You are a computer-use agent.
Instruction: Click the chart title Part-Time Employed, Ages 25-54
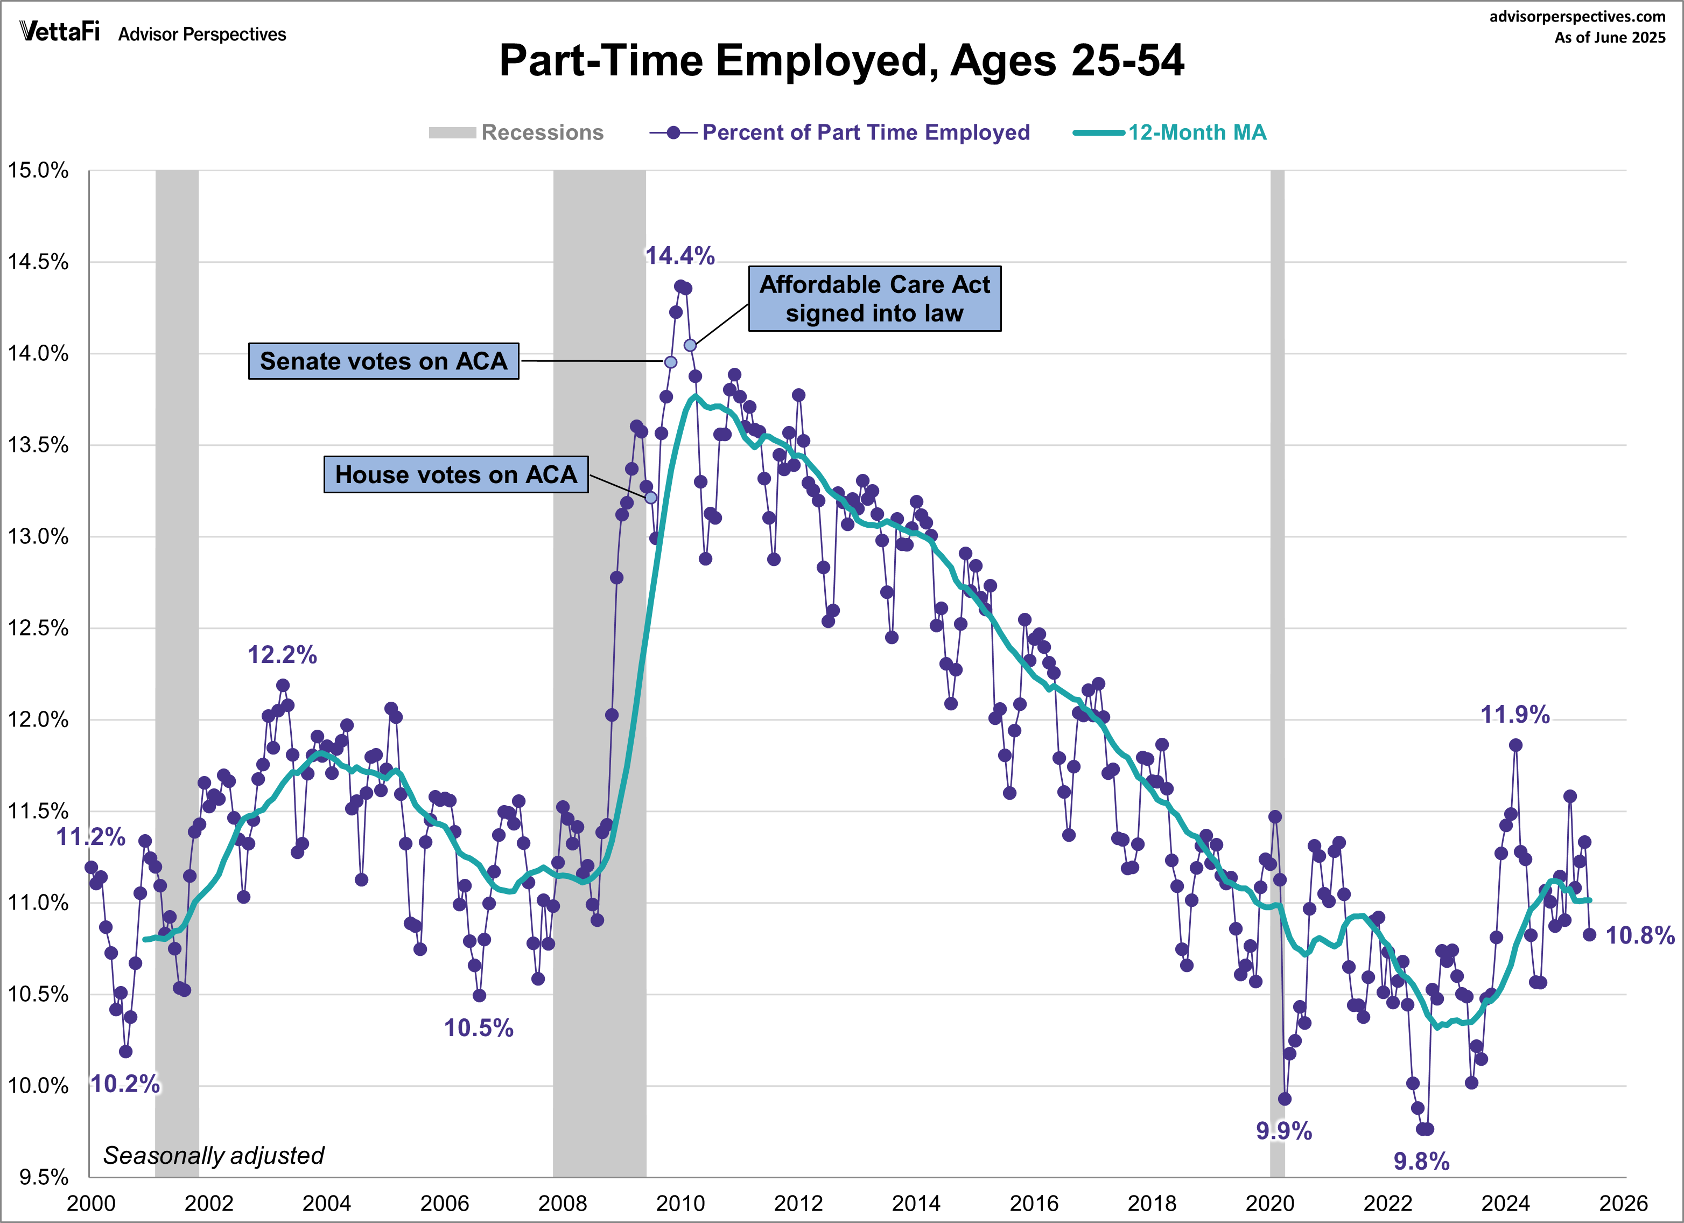(841, 60)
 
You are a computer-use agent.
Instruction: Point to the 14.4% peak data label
(679, 256)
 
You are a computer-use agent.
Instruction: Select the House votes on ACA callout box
(456, 474)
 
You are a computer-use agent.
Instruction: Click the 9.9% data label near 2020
(1284, 1131)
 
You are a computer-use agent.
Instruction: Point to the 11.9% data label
(1515, 715)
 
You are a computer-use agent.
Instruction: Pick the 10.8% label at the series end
(1639, 935)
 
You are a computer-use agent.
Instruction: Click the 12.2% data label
(282, 655)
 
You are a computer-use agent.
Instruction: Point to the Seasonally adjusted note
(214, 1156)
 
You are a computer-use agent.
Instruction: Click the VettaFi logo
(59, 31)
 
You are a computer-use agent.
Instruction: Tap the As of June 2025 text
(1610, 38)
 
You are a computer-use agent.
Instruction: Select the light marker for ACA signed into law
(690, 345)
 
